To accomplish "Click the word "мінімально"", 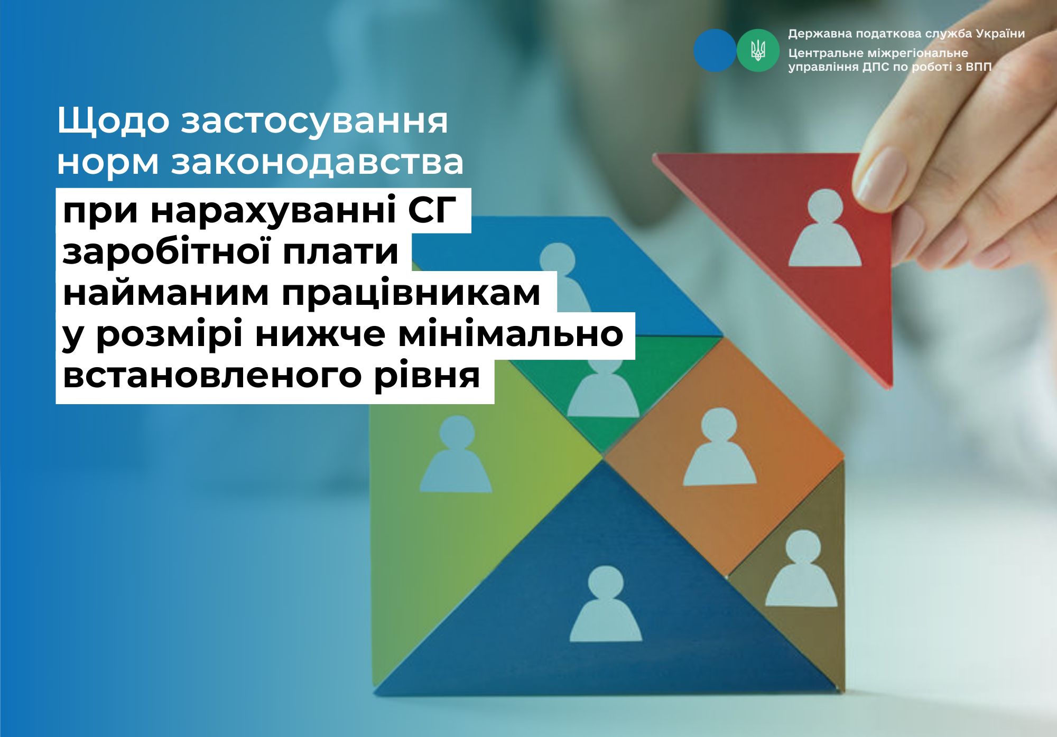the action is tap(511, 333).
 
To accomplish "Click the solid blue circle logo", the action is tap(715, 50).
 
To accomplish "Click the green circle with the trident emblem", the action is tap(758, 50).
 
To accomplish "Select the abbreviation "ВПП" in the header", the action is tap(978, 67).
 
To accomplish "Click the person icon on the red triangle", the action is tap(824, 228).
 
